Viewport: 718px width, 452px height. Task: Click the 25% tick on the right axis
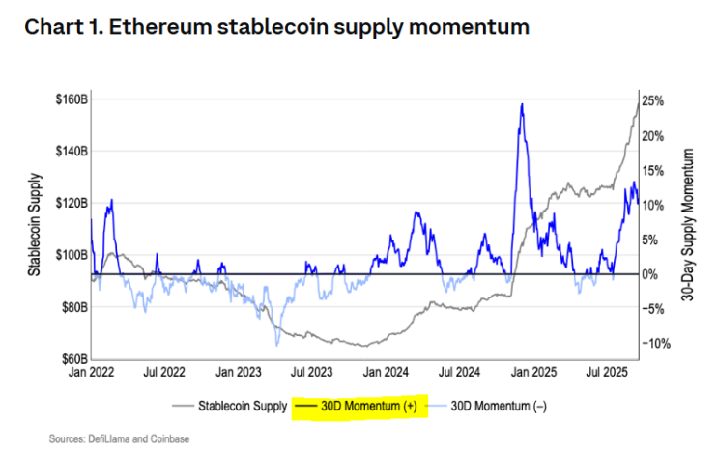pyautogui.click(x=653, y=99)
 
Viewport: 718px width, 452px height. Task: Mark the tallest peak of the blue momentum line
pyautogui.click(x=522, y=104)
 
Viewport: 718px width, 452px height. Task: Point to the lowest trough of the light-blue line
pyautogui.click(x=277, y=345)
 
